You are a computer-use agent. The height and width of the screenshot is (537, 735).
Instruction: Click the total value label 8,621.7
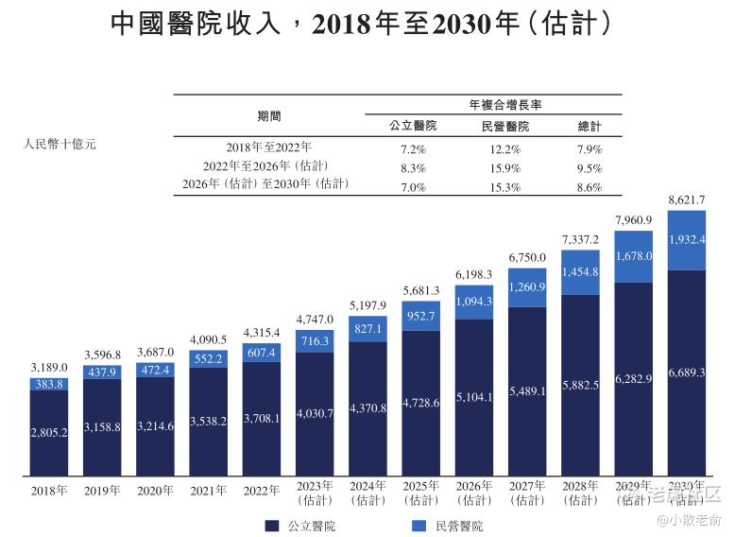686,200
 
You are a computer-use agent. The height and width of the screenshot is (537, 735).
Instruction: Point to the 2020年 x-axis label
155,491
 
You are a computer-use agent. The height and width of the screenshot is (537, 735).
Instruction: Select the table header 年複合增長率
498,104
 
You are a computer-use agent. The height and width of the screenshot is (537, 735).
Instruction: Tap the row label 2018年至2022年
269,148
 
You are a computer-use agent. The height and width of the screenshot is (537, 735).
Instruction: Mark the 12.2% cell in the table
499,148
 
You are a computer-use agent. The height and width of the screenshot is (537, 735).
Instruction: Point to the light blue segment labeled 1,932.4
686,240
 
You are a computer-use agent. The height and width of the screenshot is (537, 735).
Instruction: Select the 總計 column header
590,126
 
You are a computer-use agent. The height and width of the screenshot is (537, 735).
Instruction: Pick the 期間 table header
269,115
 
